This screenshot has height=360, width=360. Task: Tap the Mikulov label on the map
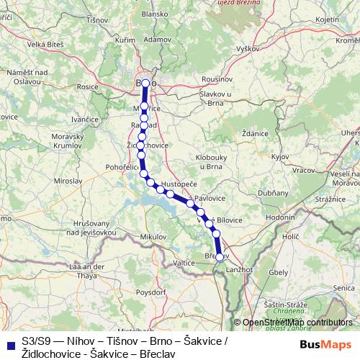(x=153, y=236)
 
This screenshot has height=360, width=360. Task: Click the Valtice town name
(x=184, y=263)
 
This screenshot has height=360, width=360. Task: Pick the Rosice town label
(x=87, y=86)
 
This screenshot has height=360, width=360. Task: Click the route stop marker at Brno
(x=145, y=84)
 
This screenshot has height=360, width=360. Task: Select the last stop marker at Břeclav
(x=220, y=256)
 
